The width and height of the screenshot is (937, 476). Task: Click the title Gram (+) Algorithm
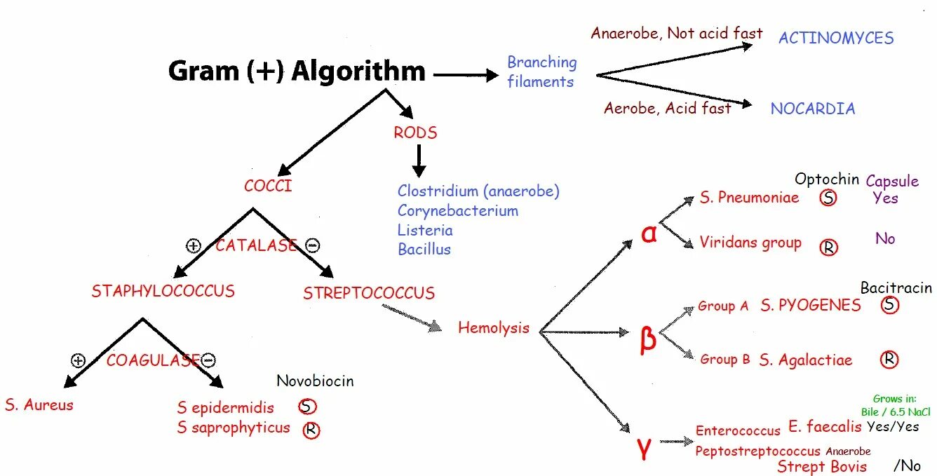point(297,72)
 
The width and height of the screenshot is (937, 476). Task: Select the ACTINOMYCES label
point(836,38)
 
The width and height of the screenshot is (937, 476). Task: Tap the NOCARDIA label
point(813,109)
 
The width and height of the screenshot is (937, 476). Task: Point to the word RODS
point(415,132)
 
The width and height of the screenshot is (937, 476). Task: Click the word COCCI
point(268,186)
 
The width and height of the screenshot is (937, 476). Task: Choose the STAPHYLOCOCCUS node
point(163,291)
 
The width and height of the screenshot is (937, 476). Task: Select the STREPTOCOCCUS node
point(369,293)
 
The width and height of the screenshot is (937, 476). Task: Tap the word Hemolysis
point(494,327)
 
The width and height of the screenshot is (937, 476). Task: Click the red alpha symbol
point(649,233)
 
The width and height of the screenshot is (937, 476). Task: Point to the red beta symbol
point(648,339)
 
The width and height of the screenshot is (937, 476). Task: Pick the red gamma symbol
point(645,449)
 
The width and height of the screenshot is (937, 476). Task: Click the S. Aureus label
point(39,404)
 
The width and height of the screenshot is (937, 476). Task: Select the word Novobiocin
point(315,381)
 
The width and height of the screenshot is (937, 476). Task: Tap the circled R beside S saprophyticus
point(311,430)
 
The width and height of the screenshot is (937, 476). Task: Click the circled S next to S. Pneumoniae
point(828,198)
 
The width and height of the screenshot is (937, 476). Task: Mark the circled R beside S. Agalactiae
point(889,360)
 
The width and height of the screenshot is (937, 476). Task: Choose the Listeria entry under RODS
point(425,230)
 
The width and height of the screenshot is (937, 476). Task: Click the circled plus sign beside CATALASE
point(194,245)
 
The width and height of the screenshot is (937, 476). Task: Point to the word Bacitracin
point(896,287)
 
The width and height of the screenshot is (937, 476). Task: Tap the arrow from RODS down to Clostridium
point(419,161)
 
